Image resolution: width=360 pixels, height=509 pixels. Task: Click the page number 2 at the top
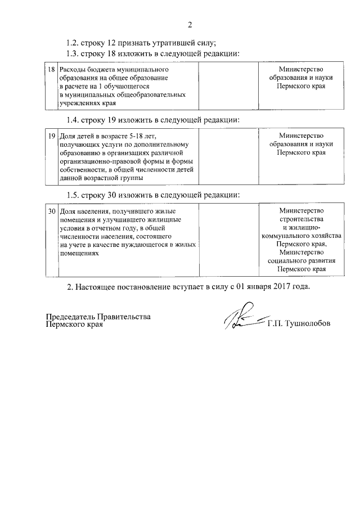190,24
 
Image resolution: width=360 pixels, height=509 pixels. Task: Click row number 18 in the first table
51,69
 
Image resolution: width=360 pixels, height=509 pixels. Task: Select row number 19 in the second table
51,136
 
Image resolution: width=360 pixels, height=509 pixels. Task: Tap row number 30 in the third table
51,211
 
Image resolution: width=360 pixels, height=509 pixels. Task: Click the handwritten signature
242,321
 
